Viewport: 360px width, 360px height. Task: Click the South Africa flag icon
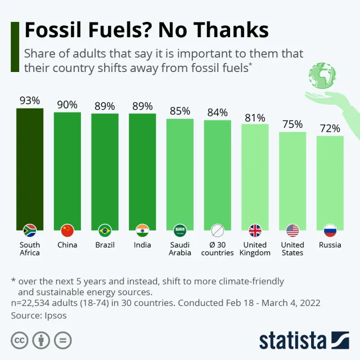tap(30, 230)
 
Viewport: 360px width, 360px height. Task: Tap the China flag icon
tap(67, 230)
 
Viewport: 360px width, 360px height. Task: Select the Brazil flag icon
tap(105, 230)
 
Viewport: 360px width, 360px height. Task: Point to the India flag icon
tap(142, 230)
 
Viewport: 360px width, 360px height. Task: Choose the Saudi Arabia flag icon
tap(180, 230)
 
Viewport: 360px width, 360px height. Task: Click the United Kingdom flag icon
tap(255, 230)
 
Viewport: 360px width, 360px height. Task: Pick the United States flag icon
tap(292, 230)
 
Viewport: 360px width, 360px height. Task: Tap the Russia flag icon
tap(330, 230)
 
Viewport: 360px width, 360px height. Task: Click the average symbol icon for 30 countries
tap(218, 230)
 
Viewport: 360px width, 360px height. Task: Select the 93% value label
tap(30, 101)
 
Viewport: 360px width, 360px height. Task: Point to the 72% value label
tap(330, 128)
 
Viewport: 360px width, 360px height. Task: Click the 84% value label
tap(218, 112)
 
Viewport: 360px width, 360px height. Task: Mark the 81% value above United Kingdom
tap(255, 117)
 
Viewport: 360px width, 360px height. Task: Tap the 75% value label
tap(292, 124)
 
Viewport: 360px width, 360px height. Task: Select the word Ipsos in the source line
tap(54, 316)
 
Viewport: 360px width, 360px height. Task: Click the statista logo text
tap(292, 340)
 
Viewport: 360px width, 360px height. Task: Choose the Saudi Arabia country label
tap(180, 249)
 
